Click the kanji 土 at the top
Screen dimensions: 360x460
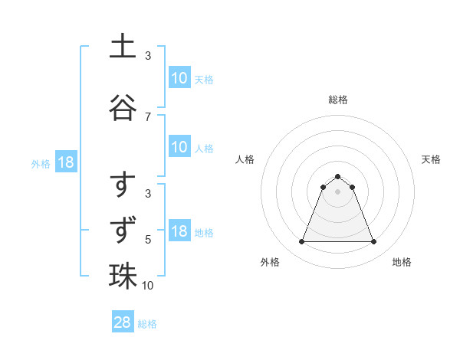point(123,46)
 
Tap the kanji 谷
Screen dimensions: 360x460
point(123,107)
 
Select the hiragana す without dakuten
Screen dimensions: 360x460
point(123,186)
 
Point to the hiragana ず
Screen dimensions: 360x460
point(123,230)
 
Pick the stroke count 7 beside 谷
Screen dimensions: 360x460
point(148,116)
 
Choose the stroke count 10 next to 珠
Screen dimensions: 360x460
point(148,286)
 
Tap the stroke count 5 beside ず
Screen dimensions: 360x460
point(148,240)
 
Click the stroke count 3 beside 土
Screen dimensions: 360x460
point(148,56)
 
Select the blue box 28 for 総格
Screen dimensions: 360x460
point(123,322)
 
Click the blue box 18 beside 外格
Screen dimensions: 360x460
point(64,162)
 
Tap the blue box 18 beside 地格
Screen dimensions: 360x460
point(179,231)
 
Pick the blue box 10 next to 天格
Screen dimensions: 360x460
point(179,78)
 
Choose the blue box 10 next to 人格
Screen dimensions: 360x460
point(179,147)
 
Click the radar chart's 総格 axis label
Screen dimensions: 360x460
point(338,100)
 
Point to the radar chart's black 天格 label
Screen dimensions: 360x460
point(432,159)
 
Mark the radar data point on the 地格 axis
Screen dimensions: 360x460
point(374,242)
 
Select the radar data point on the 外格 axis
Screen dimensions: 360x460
point(301,242)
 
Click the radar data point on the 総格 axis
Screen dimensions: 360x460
point(338,176)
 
